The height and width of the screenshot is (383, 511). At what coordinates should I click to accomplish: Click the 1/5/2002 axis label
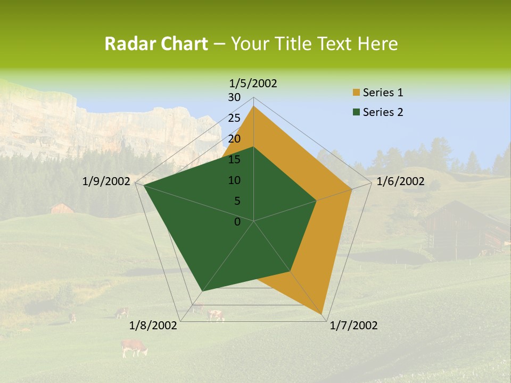(x=253, y=83)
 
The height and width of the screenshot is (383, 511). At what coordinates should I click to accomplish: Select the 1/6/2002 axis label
(x=400, y=181)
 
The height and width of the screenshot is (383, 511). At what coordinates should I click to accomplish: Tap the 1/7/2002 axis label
(x=353, y=326)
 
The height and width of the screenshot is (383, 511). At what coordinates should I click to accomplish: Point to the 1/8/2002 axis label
(x=153, y=326)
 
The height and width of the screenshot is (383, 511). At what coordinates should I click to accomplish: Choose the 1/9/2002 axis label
(x=106, y=181)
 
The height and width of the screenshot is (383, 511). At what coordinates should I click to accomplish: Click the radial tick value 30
(x=234, y=97)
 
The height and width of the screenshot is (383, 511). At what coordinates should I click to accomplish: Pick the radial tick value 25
(x=234, y=118)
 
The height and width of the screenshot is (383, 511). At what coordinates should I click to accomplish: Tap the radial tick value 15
(x=234, y=160)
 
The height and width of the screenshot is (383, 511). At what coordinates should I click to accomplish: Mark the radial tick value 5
(x=237, y=201)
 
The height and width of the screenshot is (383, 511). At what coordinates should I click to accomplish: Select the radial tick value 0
(x=237, y=222)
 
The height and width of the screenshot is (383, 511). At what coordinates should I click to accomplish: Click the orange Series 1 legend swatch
(x=356, y=93)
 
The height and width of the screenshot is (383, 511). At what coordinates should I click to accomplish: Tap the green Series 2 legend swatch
(x=356, y=112)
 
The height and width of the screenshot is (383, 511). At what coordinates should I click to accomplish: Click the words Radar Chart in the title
(x=156, y=44)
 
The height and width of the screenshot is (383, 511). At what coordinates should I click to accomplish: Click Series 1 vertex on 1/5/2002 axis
(x=253, y=106)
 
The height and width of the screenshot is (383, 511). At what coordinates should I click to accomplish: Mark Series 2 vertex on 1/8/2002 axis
(x=202, y=291)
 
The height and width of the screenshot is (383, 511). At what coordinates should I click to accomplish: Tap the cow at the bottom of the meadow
(x=134, y=348)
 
